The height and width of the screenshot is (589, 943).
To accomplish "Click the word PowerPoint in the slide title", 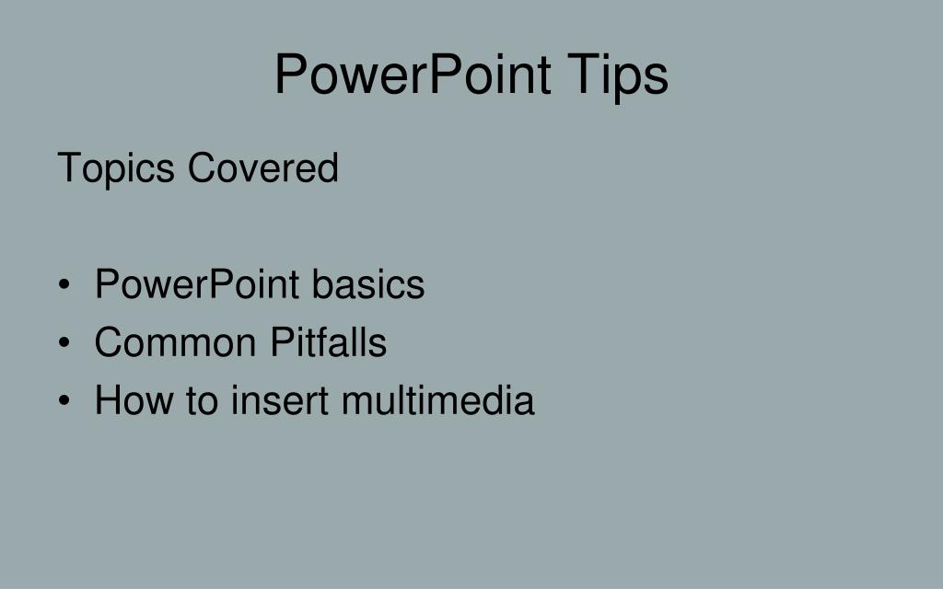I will (413, 75).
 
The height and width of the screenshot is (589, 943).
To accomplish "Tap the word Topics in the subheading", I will (116, 169).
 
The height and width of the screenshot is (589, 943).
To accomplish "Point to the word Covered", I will (263, 168).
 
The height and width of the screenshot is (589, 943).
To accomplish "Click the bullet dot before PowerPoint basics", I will (64, 285).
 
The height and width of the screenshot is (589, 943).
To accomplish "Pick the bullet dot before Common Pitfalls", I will (64, 343).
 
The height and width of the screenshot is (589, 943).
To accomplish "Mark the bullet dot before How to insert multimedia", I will (64, 401).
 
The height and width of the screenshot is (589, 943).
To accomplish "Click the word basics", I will (367, 284).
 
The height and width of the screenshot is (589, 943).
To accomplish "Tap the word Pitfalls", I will (328, 342).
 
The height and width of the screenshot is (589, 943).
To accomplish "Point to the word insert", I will (280, 400).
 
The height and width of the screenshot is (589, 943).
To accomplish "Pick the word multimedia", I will (437, 400).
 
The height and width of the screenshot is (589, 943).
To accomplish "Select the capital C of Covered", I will (200, 168).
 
